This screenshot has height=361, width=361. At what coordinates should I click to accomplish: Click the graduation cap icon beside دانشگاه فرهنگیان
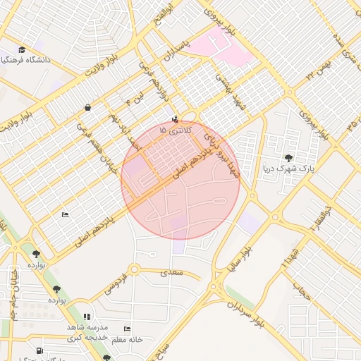point(22,50)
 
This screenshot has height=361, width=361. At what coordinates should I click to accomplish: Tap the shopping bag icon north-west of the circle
point(87,108)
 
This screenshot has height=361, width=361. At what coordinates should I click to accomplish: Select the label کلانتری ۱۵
point(173,130)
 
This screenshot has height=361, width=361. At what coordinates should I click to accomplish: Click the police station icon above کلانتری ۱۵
point(175,119)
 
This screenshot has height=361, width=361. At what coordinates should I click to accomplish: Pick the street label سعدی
point(171,271)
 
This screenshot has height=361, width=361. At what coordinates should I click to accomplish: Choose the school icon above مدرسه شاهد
point(86,318)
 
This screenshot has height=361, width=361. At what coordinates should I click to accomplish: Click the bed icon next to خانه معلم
point(127,329)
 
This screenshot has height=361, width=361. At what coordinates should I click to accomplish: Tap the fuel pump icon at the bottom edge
point(38,350)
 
